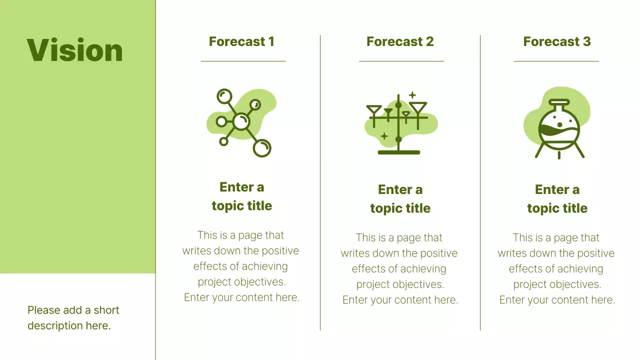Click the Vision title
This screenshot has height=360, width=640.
(75, 50)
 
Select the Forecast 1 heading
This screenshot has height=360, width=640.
(241, 41)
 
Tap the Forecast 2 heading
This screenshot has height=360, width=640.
(400, 41)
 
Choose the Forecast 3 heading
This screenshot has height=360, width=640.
(557, 41)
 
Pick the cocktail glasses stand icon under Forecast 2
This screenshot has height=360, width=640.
(399, 124)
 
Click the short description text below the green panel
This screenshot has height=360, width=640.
(73, 317)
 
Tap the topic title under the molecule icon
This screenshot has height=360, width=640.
(241, 196)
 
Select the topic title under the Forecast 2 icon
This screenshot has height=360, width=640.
(400, 199)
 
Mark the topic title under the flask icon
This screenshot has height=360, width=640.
(557, 199)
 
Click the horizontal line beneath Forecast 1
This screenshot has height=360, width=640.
(243, 61)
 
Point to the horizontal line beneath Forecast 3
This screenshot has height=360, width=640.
(556, 61)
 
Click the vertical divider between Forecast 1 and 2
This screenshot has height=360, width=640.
(320, 182)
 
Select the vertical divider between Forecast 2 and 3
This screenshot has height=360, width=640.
(480, 182)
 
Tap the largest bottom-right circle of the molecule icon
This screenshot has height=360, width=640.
(261, 147)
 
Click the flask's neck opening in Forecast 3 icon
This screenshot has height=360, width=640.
(559, 102)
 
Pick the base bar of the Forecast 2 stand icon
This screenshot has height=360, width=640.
(398, 152)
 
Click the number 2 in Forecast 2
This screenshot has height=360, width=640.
(429, 41)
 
